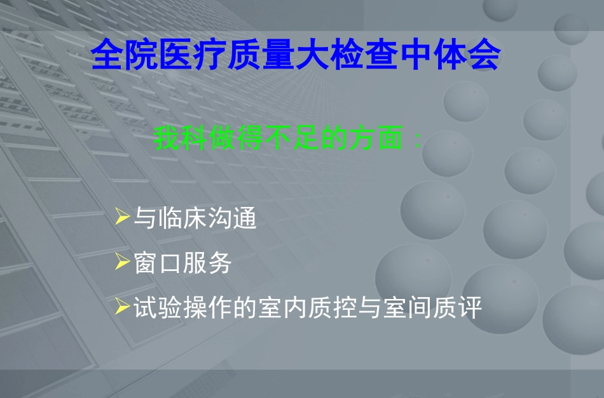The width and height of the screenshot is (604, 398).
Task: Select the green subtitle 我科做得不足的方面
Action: coord(280,139)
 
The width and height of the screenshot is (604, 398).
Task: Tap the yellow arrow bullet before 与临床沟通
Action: coord(122,218)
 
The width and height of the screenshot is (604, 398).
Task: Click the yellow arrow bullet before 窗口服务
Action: coord(122,263)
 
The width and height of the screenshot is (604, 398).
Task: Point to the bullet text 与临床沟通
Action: coord(195,219)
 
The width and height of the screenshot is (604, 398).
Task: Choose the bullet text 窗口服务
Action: coord(182,263)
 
